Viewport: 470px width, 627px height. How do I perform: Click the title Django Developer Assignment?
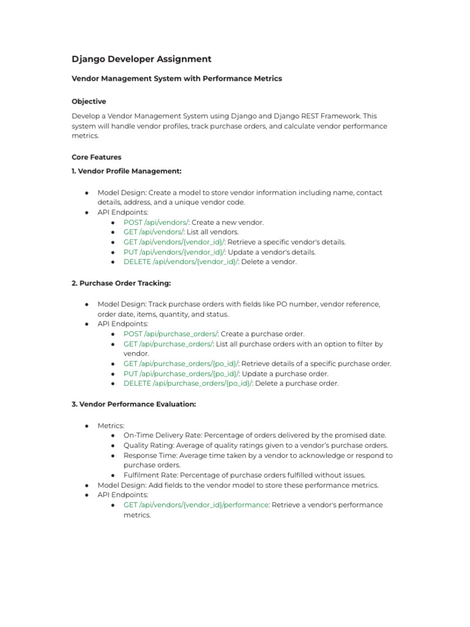pyautogui.click(x=141, y=59)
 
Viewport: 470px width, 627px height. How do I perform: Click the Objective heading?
pyautogui.click(x=89, y=102)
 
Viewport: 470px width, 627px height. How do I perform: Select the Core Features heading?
pyautogui.click(x=97, y=157)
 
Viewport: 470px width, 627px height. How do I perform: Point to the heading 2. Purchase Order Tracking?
pyautogui.click(x=121, y=283)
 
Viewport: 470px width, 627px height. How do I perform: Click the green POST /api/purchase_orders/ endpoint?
pyautogui.click(x=171, y=334)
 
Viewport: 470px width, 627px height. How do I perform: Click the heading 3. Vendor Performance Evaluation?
pyautogui.click(x=134, y=405)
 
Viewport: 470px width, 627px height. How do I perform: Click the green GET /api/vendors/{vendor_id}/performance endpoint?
pyautogui.click(x=196, y=505)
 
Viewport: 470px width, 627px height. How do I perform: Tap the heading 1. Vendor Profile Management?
pyautogui.click(x=127, y=171)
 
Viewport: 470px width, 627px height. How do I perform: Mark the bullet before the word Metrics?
pyautogui.click(x=88, y=426)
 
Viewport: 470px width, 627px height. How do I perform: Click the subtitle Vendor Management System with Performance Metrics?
pyautogui.click(x=177, y=79)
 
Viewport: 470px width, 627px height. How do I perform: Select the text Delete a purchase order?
pyautogui.click(x=296, y=383)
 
